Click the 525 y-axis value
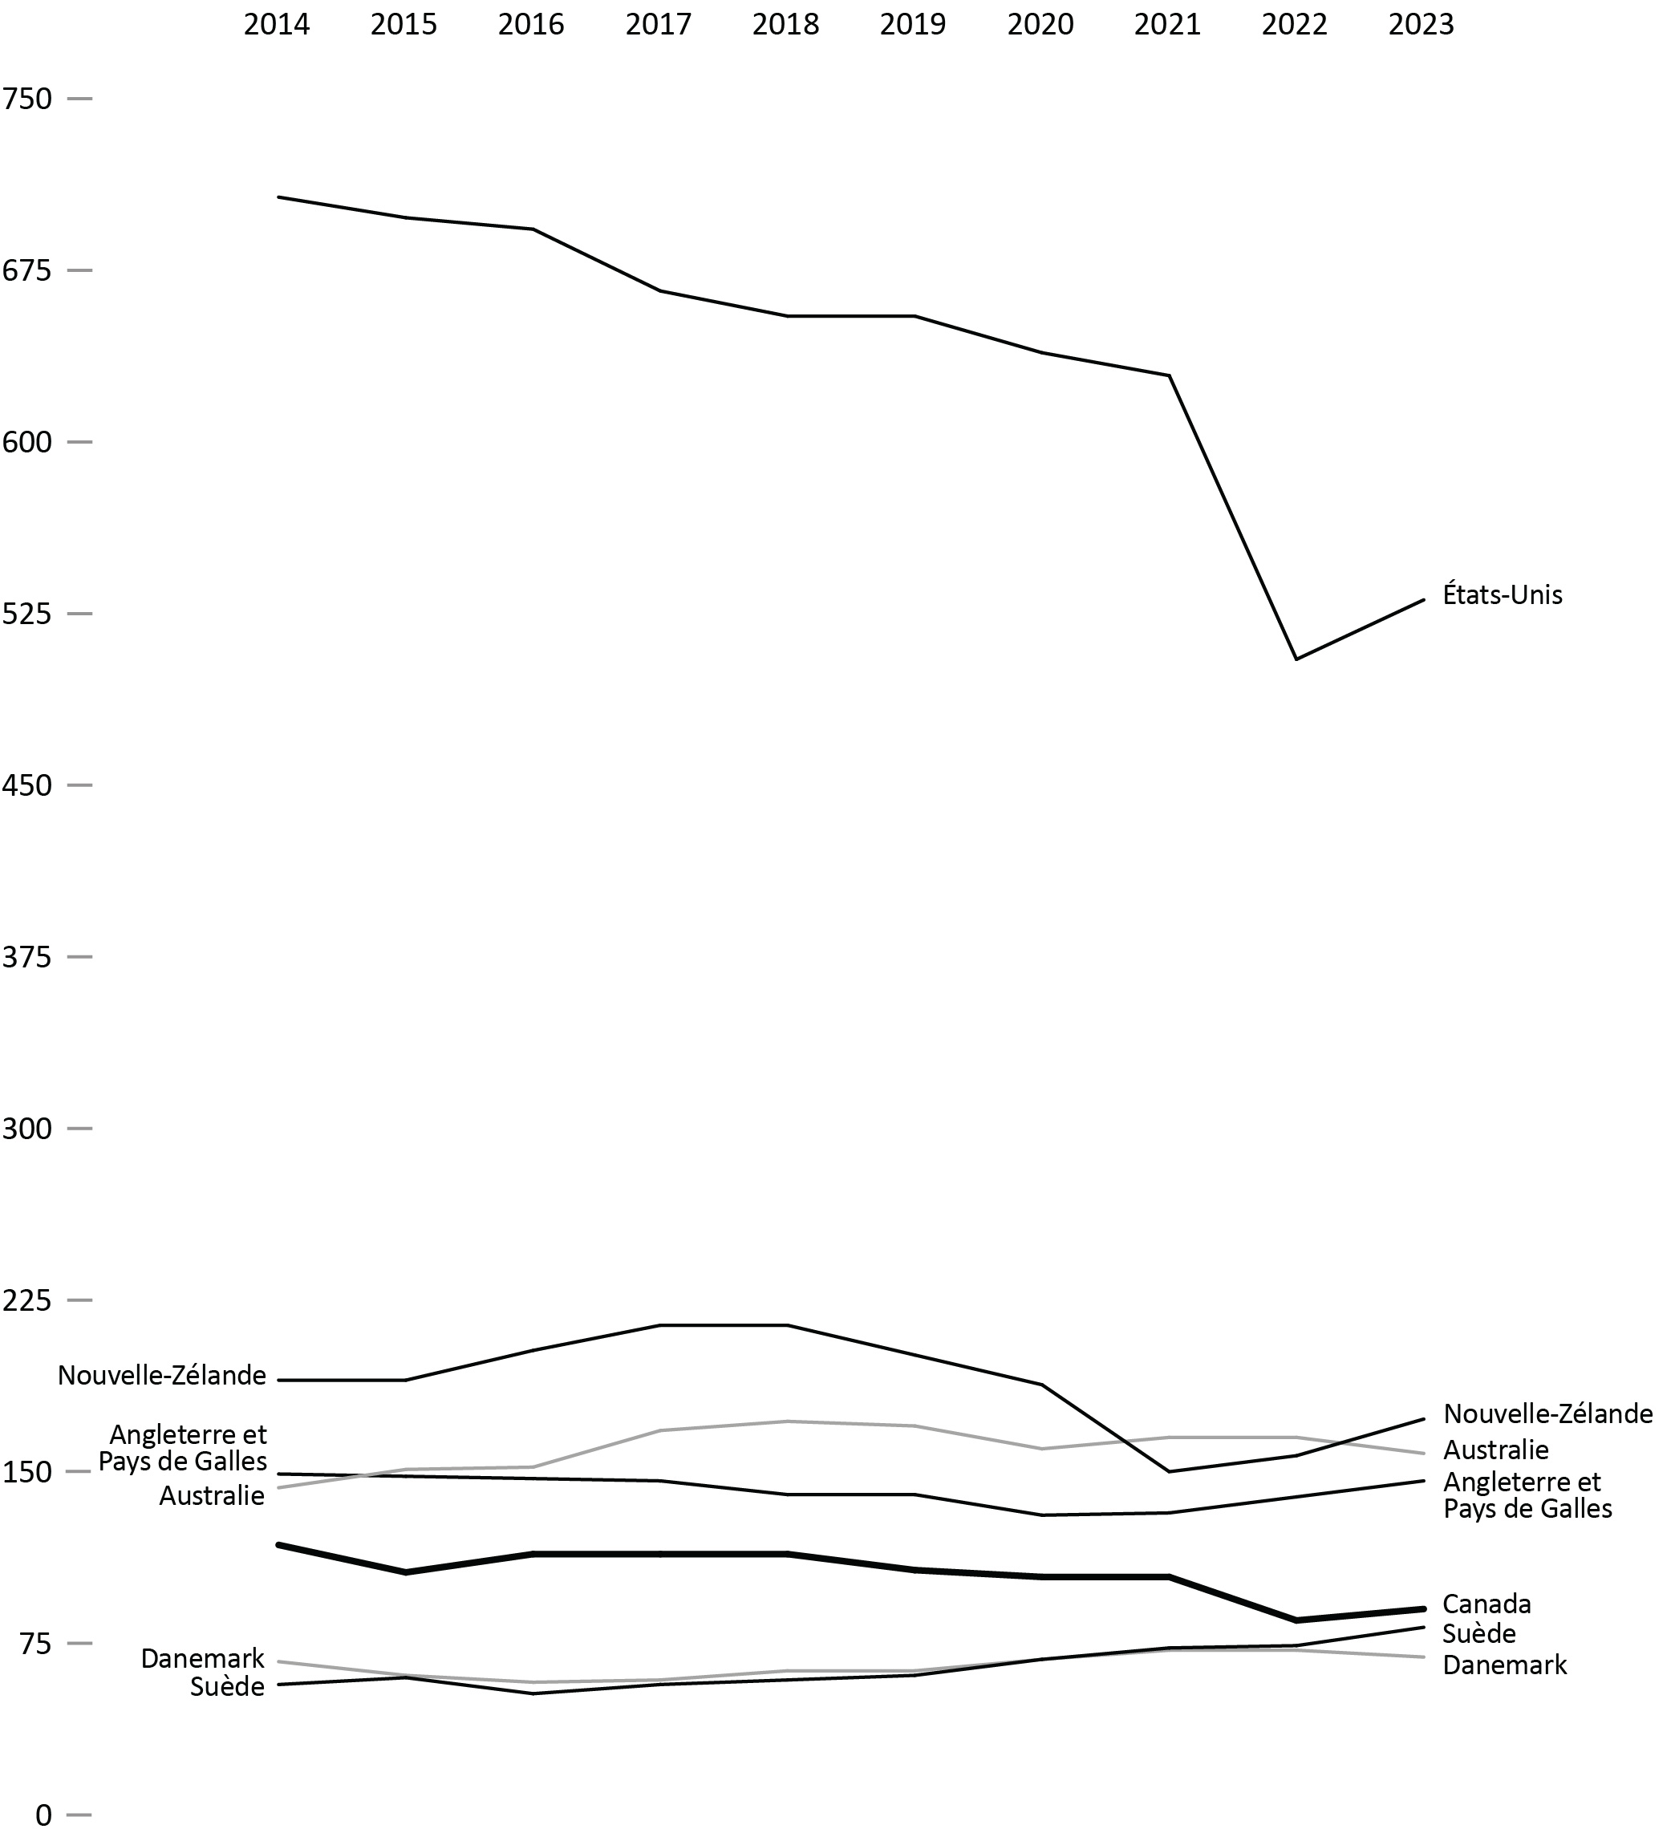[x=27, y=614]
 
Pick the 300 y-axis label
[x=27, y=1129]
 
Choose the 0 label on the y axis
[x=43, y=1814]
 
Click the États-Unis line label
[x=1503, y=595]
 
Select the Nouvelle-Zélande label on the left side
[x=162, y=1376]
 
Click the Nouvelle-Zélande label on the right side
[x=1547, y=1413]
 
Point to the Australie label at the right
[x=1496, y=1450]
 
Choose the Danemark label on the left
[x=202, y=1658]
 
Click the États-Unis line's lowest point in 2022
[x=1296, y=659]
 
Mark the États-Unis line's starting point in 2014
[x=278, y=197]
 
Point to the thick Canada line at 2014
[x=278, y=1544]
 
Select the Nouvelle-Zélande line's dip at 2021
[x=1169, y=1471]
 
